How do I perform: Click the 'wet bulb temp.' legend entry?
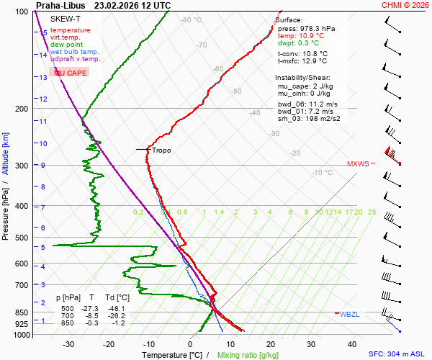(75, 52)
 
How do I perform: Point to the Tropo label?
(161, 150)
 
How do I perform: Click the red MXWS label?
(357, 163)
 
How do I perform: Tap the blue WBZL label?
(351, 314)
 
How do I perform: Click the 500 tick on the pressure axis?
(22, 238)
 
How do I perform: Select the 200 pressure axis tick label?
(22, 109)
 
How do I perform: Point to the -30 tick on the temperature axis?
(69, 344)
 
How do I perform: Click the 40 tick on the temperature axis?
(352, 344)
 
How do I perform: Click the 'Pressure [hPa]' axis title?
(5, 209)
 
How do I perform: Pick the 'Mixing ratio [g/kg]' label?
(248, 355)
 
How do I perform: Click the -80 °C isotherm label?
(192, 20)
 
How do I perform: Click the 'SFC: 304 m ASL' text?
(398, 354)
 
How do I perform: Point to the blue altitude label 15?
(44, 32)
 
